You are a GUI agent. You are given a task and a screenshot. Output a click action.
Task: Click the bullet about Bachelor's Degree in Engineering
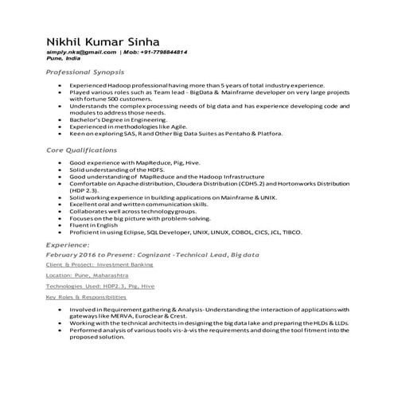(x=131, y=121)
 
